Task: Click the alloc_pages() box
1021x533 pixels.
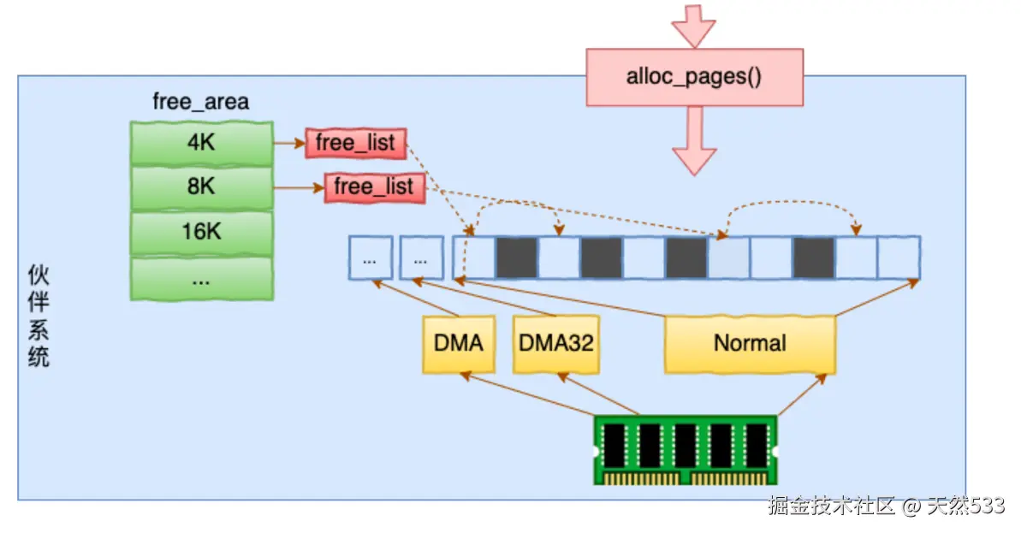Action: coord(694,77)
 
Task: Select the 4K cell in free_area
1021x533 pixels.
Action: coord(201,143)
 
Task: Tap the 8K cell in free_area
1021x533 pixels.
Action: coord(201,187)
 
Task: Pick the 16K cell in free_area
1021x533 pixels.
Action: coord(201,232)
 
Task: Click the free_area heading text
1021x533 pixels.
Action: coord(200,103)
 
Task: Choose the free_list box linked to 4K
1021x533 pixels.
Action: coord(355,143)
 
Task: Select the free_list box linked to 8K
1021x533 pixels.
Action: coord(374,187)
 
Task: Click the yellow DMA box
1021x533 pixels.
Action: coord(459,344)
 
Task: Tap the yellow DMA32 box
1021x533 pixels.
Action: coord(555,344)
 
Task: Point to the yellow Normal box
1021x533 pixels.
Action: coord(750,344)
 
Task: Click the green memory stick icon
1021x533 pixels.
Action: coord(686,449)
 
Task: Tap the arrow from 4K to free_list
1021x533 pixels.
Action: coord(288,143)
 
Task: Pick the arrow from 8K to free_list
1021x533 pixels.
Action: coord(298,187)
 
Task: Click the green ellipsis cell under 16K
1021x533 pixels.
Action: coord(201,279)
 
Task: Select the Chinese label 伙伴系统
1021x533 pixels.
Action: coord(39,317)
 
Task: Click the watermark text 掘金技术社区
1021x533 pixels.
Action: coord(831,506)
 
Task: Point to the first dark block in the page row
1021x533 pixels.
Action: coord(516,258)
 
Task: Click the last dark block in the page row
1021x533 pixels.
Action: coord(813,258)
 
